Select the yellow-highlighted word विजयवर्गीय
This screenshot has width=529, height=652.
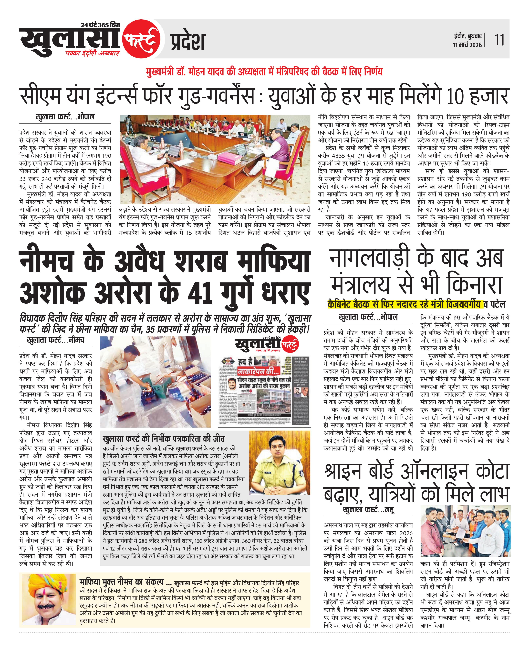click(463, 304)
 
